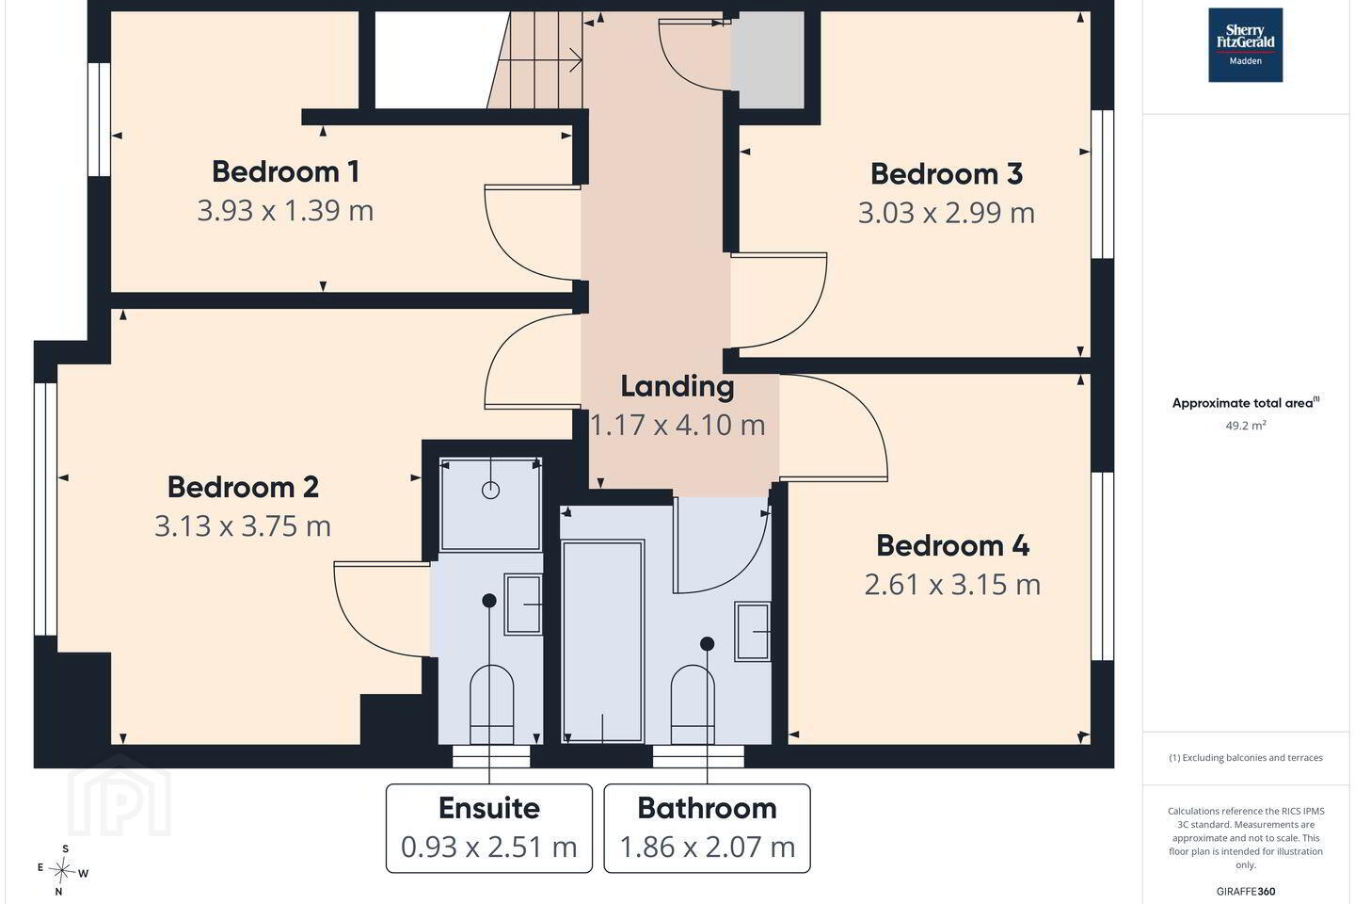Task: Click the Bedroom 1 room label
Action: point(285,172)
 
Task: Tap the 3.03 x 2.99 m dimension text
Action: point(946,213)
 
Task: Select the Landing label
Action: point(677,387)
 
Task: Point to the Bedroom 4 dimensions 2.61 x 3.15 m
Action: point(952,584)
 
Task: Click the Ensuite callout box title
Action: point(488,808)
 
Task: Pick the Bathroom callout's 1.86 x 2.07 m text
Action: point(708,847)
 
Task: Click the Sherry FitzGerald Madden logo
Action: point(1246,45)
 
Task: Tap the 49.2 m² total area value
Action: point(1246,425)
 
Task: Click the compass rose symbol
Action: point(62,871)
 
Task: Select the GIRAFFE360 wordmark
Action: point(1246,891)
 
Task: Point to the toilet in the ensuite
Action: point(492,703)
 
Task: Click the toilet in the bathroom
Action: point(693,704)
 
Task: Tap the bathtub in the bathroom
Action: point(602,641)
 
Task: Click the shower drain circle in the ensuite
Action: point(490,490)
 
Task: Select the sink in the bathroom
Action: point(753,632)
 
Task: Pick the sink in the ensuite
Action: point(522,605)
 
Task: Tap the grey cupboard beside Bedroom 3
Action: point(768,60)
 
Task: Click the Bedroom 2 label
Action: point(243,488)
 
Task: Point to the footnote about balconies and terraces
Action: point(1246,757)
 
